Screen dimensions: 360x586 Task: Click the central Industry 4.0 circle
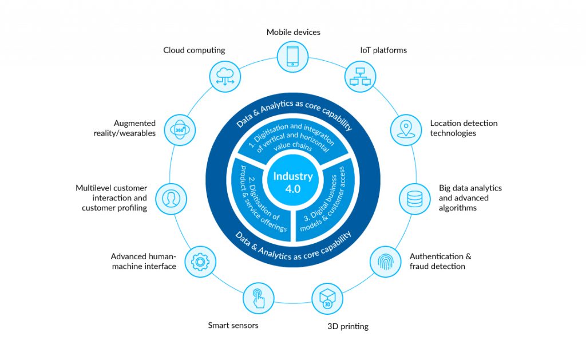pos(292,183)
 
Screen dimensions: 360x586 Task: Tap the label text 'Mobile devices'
pos(293,32)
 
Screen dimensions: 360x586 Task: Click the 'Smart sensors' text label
pos(233,326)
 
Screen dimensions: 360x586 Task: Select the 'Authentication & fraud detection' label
pos(440,262)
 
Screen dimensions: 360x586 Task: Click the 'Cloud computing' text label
pos(194,50)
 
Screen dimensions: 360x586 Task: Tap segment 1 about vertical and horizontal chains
pos(293,141)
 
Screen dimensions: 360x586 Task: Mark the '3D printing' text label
pos(347,327)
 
